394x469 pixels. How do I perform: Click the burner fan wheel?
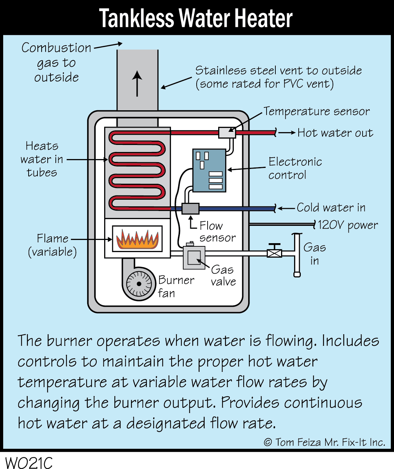(x=139, y=284)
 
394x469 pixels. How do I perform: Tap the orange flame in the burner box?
(x=137, y=239)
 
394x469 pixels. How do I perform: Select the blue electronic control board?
(x=209, y=170)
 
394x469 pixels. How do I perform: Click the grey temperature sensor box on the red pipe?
(x=227, y=133)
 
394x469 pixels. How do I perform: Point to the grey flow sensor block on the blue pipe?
(x=190, y=209)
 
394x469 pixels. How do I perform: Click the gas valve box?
(x=194, y=257)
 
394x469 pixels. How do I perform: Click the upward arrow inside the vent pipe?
(x=137, y=83)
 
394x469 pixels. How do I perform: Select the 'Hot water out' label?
(x=335, y=133)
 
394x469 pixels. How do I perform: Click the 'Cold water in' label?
(x=331, y=207)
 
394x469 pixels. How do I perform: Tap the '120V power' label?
(x=347, y=225)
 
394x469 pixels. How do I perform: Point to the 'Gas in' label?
(x=314, y=254)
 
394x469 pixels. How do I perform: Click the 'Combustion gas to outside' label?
(x=56, y=63)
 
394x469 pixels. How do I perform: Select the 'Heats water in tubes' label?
(x=42, y=159)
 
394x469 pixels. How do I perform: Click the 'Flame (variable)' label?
(x=52, y=245)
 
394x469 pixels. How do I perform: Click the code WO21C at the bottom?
(x=29, y=462)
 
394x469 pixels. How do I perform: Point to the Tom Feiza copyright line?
(x=324, y=442)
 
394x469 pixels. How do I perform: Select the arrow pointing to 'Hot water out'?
(x=287, y=133)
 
